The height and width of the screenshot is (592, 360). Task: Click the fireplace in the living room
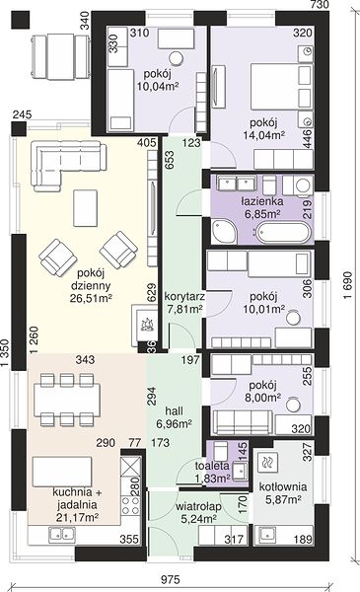pos(144,325)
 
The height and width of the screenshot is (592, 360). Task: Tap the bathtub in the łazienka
pos(284,232)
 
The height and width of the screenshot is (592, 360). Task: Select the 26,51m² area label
pos(91,298)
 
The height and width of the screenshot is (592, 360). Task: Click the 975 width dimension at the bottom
pos(171,579)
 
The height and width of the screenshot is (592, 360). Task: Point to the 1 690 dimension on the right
pos(347,285)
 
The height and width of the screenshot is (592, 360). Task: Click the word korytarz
pos(184,296)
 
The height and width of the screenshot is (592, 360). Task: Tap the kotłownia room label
pos(283,487)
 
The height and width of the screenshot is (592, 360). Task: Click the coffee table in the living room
pos(85,208)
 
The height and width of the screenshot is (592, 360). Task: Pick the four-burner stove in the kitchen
pos(130,505)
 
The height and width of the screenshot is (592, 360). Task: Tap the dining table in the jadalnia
pos(67,400)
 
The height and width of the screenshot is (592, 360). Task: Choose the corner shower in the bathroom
pos(224,230)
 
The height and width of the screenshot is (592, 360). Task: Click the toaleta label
pos(212,466)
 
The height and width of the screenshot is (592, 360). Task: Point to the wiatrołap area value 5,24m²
pos(198,519)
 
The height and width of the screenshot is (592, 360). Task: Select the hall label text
pos(175,411)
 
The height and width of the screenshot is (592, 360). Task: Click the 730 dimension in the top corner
pos(320,5)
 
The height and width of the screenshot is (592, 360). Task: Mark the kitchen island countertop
pos(62,472)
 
